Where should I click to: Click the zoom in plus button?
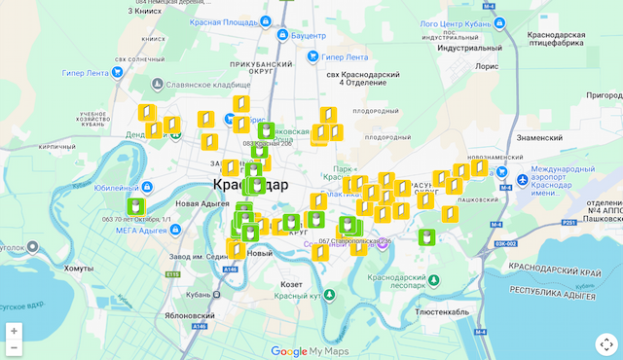(x=14, y=331)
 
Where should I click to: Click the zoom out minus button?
(x=14, y=348)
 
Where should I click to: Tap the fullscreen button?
(x=605, y=343)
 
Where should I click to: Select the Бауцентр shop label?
(x=308, y=35)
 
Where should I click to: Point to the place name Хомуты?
(x=78, y=268)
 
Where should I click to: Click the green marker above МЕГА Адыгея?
(x=136, y=206)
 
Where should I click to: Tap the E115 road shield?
(x=173, y=275)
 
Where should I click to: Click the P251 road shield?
(x=569, y=222)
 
